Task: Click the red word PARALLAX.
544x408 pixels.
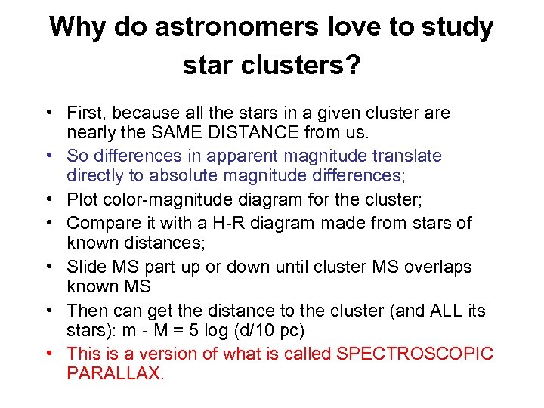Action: click(115, 372)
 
